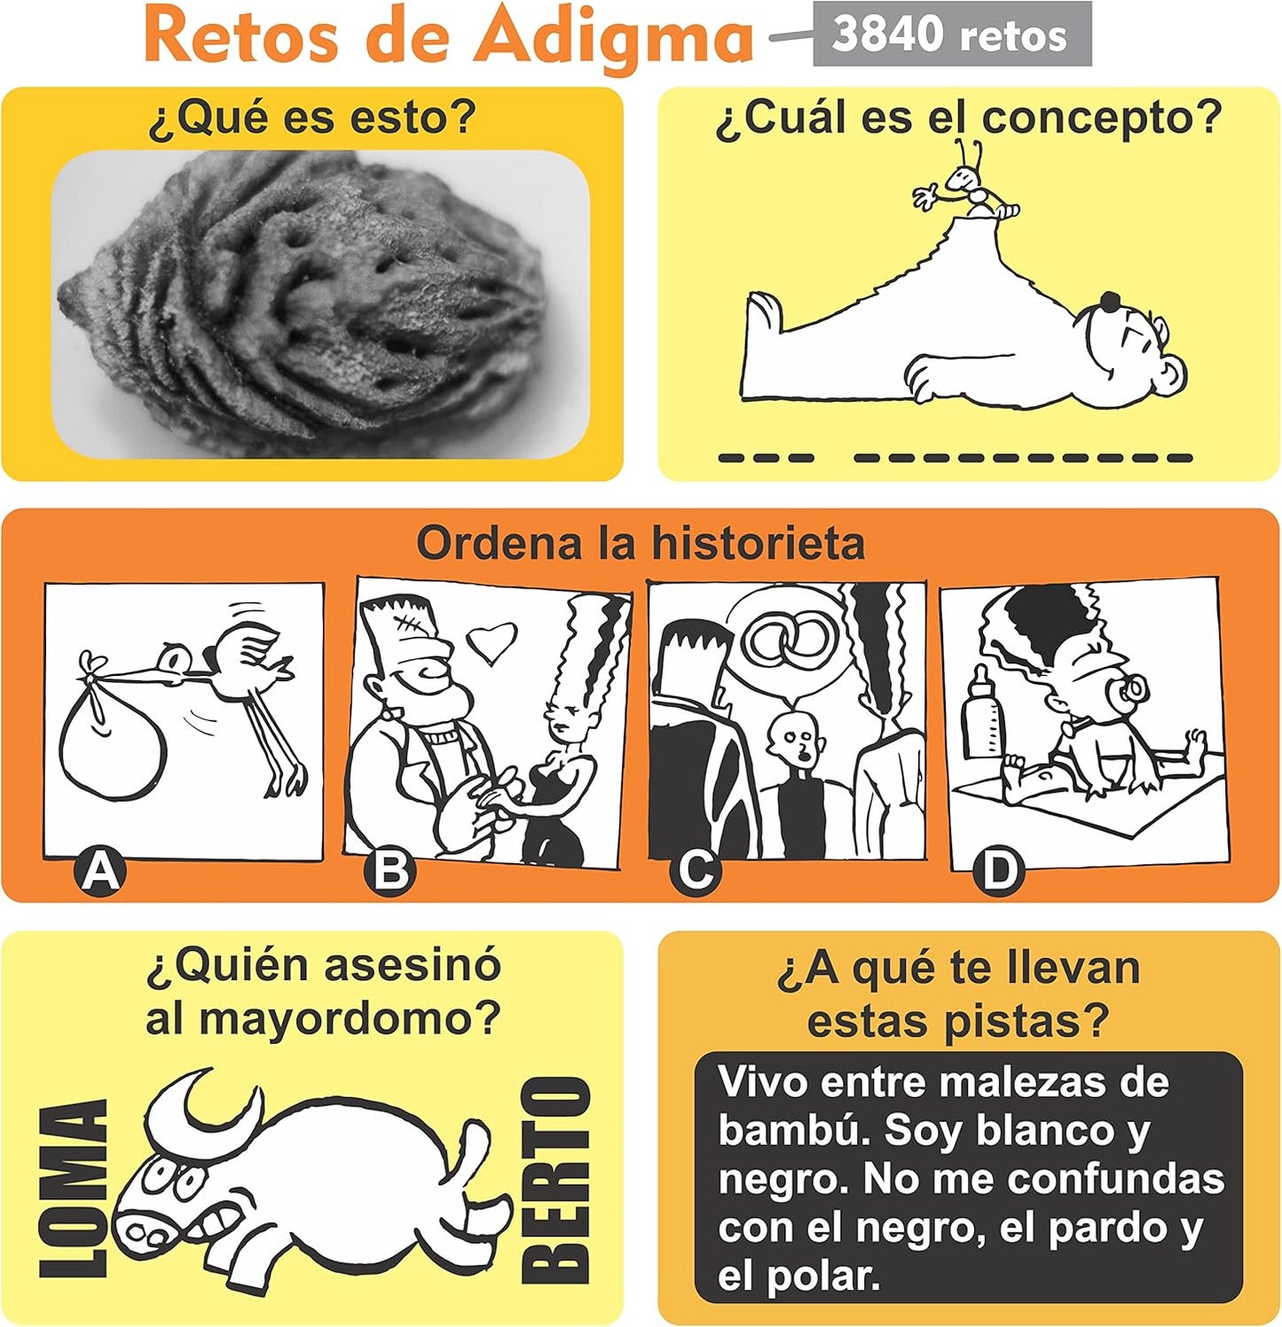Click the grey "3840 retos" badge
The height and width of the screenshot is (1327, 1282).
coord(952,34)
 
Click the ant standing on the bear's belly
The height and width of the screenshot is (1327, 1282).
coord(970,183)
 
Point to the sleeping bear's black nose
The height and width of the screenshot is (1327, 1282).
coord(1110,301)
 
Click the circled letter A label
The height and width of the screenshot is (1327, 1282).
coord(100,871)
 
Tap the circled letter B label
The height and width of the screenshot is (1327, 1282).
coord(389,871)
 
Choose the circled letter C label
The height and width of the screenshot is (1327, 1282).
coord(696,871)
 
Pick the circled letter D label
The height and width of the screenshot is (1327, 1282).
coord(999,871)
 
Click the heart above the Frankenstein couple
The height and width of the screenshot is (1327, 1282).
coord(493,642)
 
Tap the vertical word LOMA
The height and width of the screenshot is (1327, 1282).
coord(75,1189)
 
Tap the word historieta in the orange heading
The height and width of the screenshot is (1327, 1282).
coord(758,543)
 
